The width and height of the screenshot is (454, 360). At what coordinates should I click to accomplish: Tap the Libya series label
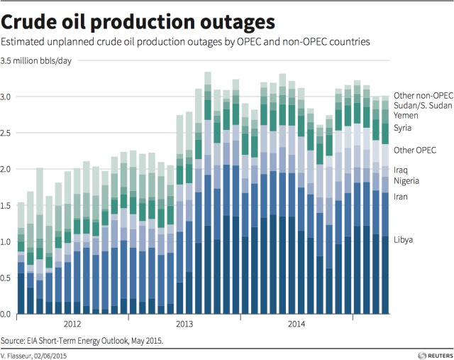pos(405,240)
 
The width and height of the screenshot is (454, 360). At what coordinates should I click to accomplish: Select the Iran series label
pos(402,196)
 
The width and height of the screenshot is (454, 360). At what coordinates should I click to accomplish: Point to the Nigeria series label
pos(408,181)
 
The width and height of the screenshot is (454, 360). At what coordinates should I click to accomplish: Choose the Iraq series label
pos(402,170)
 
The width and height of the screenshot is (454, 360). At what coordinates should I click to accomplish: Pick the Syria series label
pos(404,129)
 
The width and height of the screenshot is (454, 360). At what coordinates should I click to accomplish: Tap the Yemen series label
pos(406,115)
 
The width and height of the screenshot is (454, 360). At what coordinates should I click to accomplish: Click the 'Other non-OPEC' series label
pos(423,95)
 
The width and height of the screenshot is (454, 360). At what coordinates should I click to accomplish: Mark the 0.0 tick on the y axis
pos(7,315)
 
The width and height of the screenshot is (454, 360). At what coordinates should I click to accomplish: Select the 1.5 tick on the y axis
pos(7,205)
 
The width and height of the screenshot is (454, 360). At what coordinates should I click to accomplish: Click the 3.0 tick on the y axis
pos(7,96)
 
